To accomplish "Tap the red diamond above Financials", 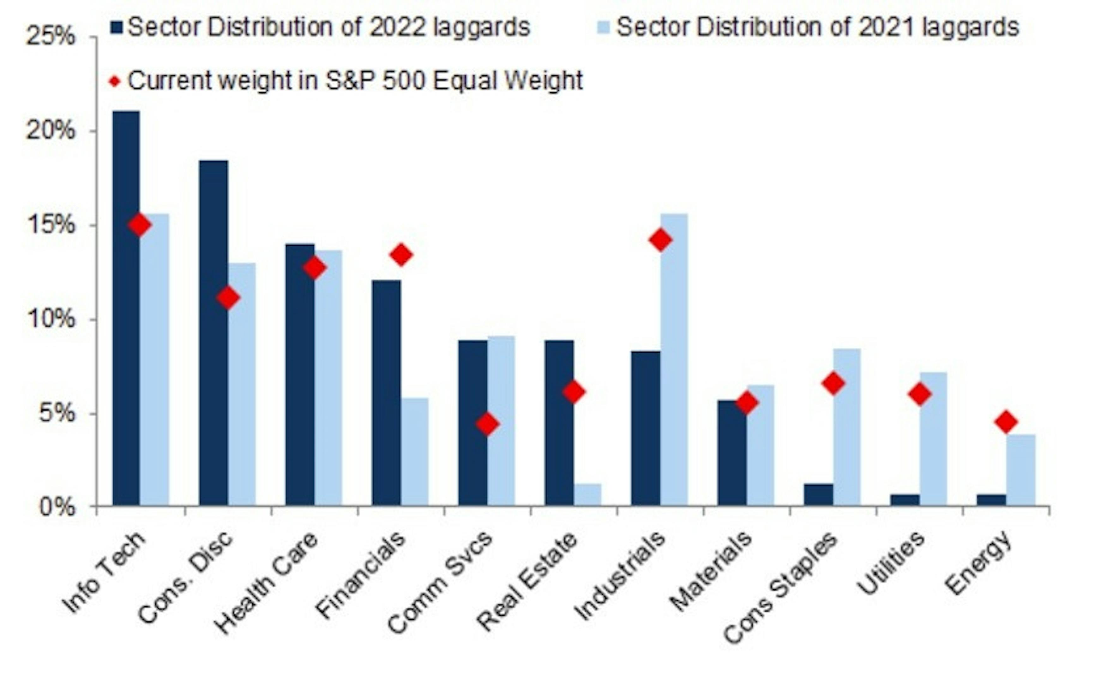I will (x=401, y=255).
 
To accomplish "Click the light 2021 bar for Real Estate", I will (x=587, y=495).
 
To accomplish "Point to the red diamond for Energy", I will (x=1006, y=421).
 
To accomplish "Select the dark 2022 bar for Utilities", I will (x=905, y=500).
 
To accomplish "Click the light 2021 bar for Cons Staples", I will (x=847, y=427).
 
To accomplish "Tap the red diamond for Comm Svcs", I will (x=487, y=424).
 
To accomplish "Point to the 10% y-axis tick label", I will (x=51, y=319).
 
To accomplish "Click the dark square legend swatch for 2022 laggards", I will (x=117, y=27).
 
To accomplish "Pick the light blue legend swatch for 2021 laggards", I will (x=603, y=27).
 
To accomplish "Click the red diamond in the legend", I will (x=115, y=82).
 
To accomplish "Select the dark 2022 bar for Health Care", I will (x=299, y=374).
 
